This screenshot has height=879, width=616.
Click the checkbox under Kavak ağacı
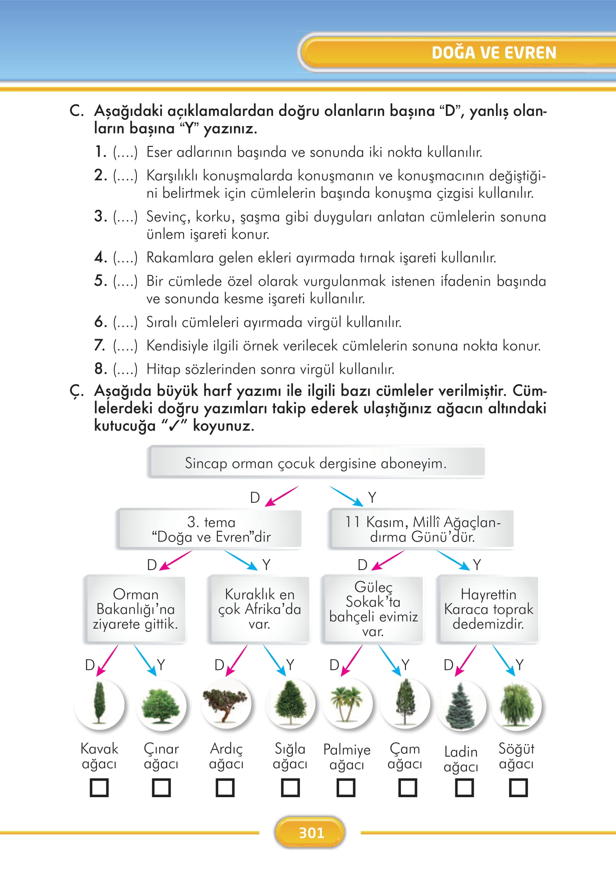99,788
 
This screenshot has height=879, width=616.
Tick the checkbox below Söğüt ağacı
518,788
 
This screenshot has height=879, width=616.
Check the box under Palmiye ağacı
346,788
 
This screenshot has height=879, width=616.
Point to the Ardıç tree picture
226,704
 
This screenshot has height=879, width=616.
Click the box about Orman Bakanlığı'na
135,609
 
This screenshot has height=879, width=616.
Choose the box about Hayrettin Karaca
488,609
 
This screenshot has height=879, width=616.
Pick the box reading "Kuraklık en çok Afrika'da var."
259,609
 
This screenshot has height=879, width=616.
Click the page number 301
311,832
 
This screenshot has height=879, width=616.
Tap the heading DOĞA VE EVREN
494,53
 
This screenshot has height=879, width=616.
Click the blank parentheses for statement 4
125,258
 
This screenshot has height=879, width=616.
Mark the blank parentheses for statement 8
125,370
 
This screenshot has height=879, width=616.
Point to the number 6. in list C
101,322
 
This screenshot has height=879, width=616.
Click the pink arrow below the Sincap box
282,496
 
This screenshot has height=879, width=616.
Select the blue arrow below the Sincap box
346,496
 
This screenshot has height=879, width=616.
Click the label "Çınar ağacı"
161,756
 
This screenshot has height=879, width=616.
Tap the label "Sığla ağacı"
290,756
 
